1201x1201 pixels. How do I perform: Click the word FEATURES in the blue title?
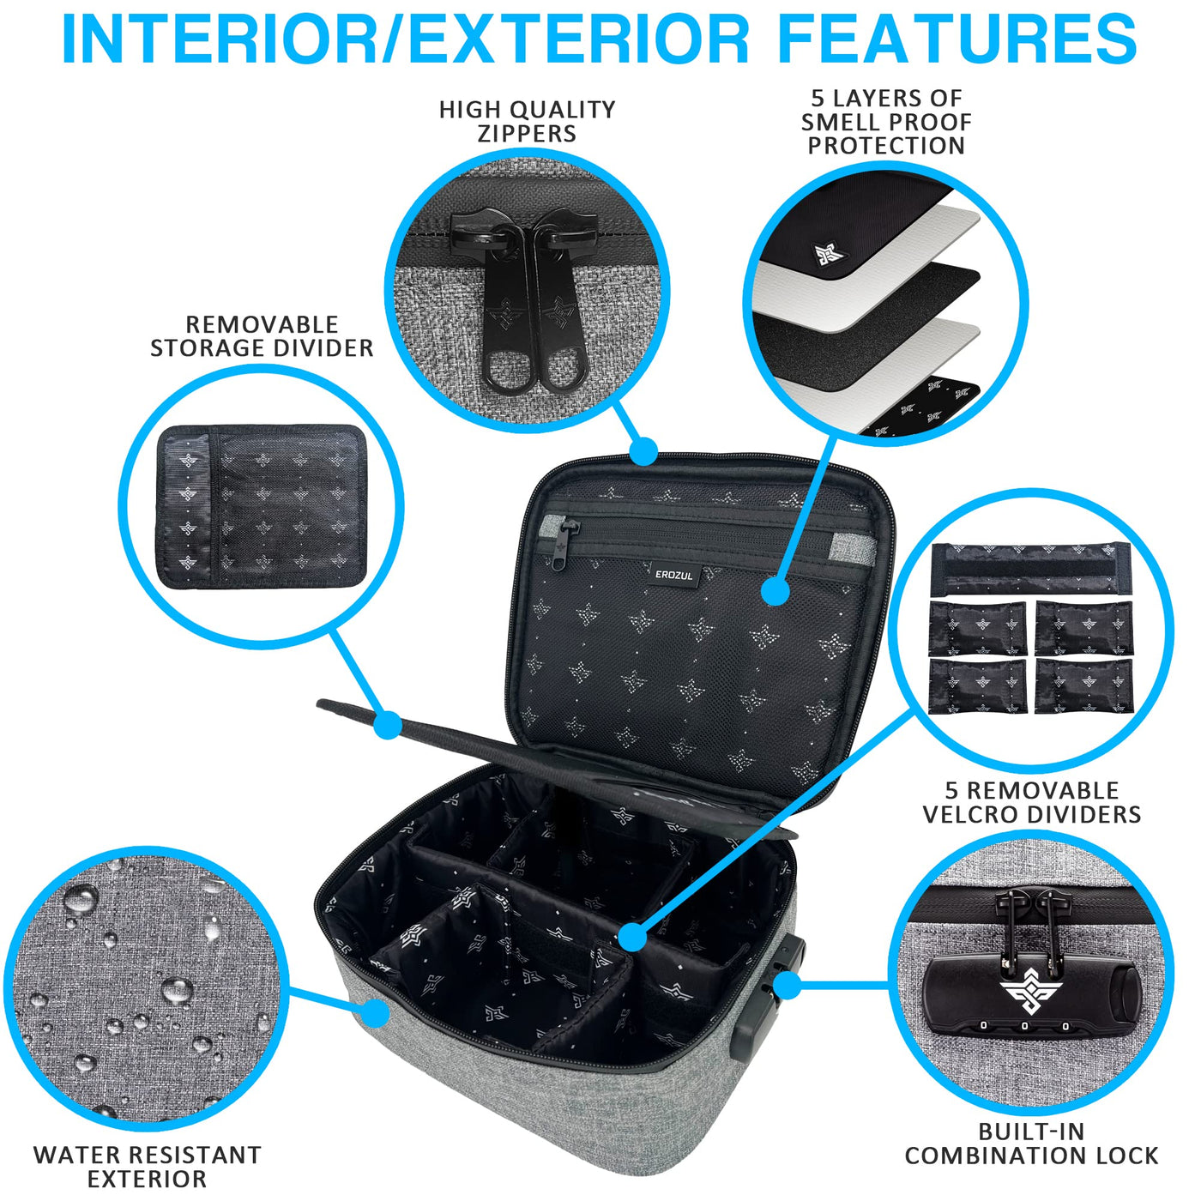click(957, 39)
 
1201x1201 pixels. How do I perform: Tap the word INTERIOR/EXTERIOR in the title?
click(405, 39)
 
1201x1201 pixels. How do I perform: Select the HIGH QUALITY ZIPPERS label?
click(527, 122)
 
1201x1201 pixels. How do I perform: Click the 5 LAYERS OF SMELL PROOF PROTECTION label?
click(886, 122)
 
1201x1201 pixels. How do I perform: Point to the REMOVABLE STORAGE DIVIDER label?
click(262, 336)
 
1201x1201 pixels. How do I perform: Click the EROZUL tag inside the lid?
click(673, 576)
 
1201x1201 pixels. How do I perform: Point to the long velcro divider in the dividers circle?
click(1029, 568)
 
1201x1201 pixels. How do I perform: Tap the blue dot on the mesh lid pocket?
click(776, 590)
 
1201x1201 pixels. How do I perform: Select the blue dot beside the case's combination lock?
click(788, 986)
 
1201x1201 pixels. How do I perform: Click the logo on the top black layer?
click(830, 254)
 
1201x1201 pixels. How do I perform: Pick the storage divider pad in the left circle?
click(261, 506)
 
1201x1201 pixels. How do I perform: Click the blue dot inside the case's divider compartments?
click(633, 937)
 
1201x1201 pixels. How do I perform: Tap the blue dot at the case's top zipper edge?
click(643, 450)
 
